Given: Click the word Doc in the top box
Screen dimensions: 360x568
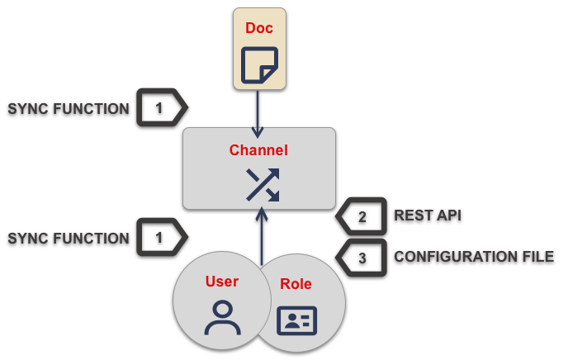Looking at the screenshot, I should (259, 28).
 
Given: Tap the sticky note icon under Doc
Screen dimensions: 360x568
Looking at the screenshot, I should (259, 66).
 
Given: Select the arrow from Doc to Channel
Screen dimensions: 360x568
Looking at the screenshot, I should (258, 111).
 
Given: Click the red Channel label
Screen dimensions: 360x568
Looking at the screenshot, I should (258, 150).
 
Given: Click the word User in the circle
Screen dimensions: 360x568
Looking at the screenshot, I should (221, 282).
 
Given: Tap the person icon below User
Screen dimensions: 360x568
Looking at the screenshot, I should (221, 317).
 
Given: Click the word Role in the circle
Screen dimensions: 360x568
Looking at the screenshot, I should (296, 284).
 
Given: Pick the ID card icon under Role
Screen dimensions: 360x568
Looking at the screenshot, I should (296, 320).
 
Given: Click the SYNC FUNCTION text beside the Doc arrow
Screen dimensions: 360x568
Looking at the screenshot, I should (69, 108).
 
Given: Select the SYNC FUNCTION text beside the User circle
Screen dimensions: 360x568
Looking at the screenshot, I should (69, 238).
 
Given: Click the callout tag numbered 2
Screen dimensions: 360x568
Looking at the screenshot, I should (362, 216).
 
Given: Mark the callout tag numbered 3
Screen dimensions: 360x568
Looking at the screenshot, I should (362, 258).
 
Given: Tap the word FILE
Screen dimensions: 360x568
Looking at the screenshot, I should (538, 257).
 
